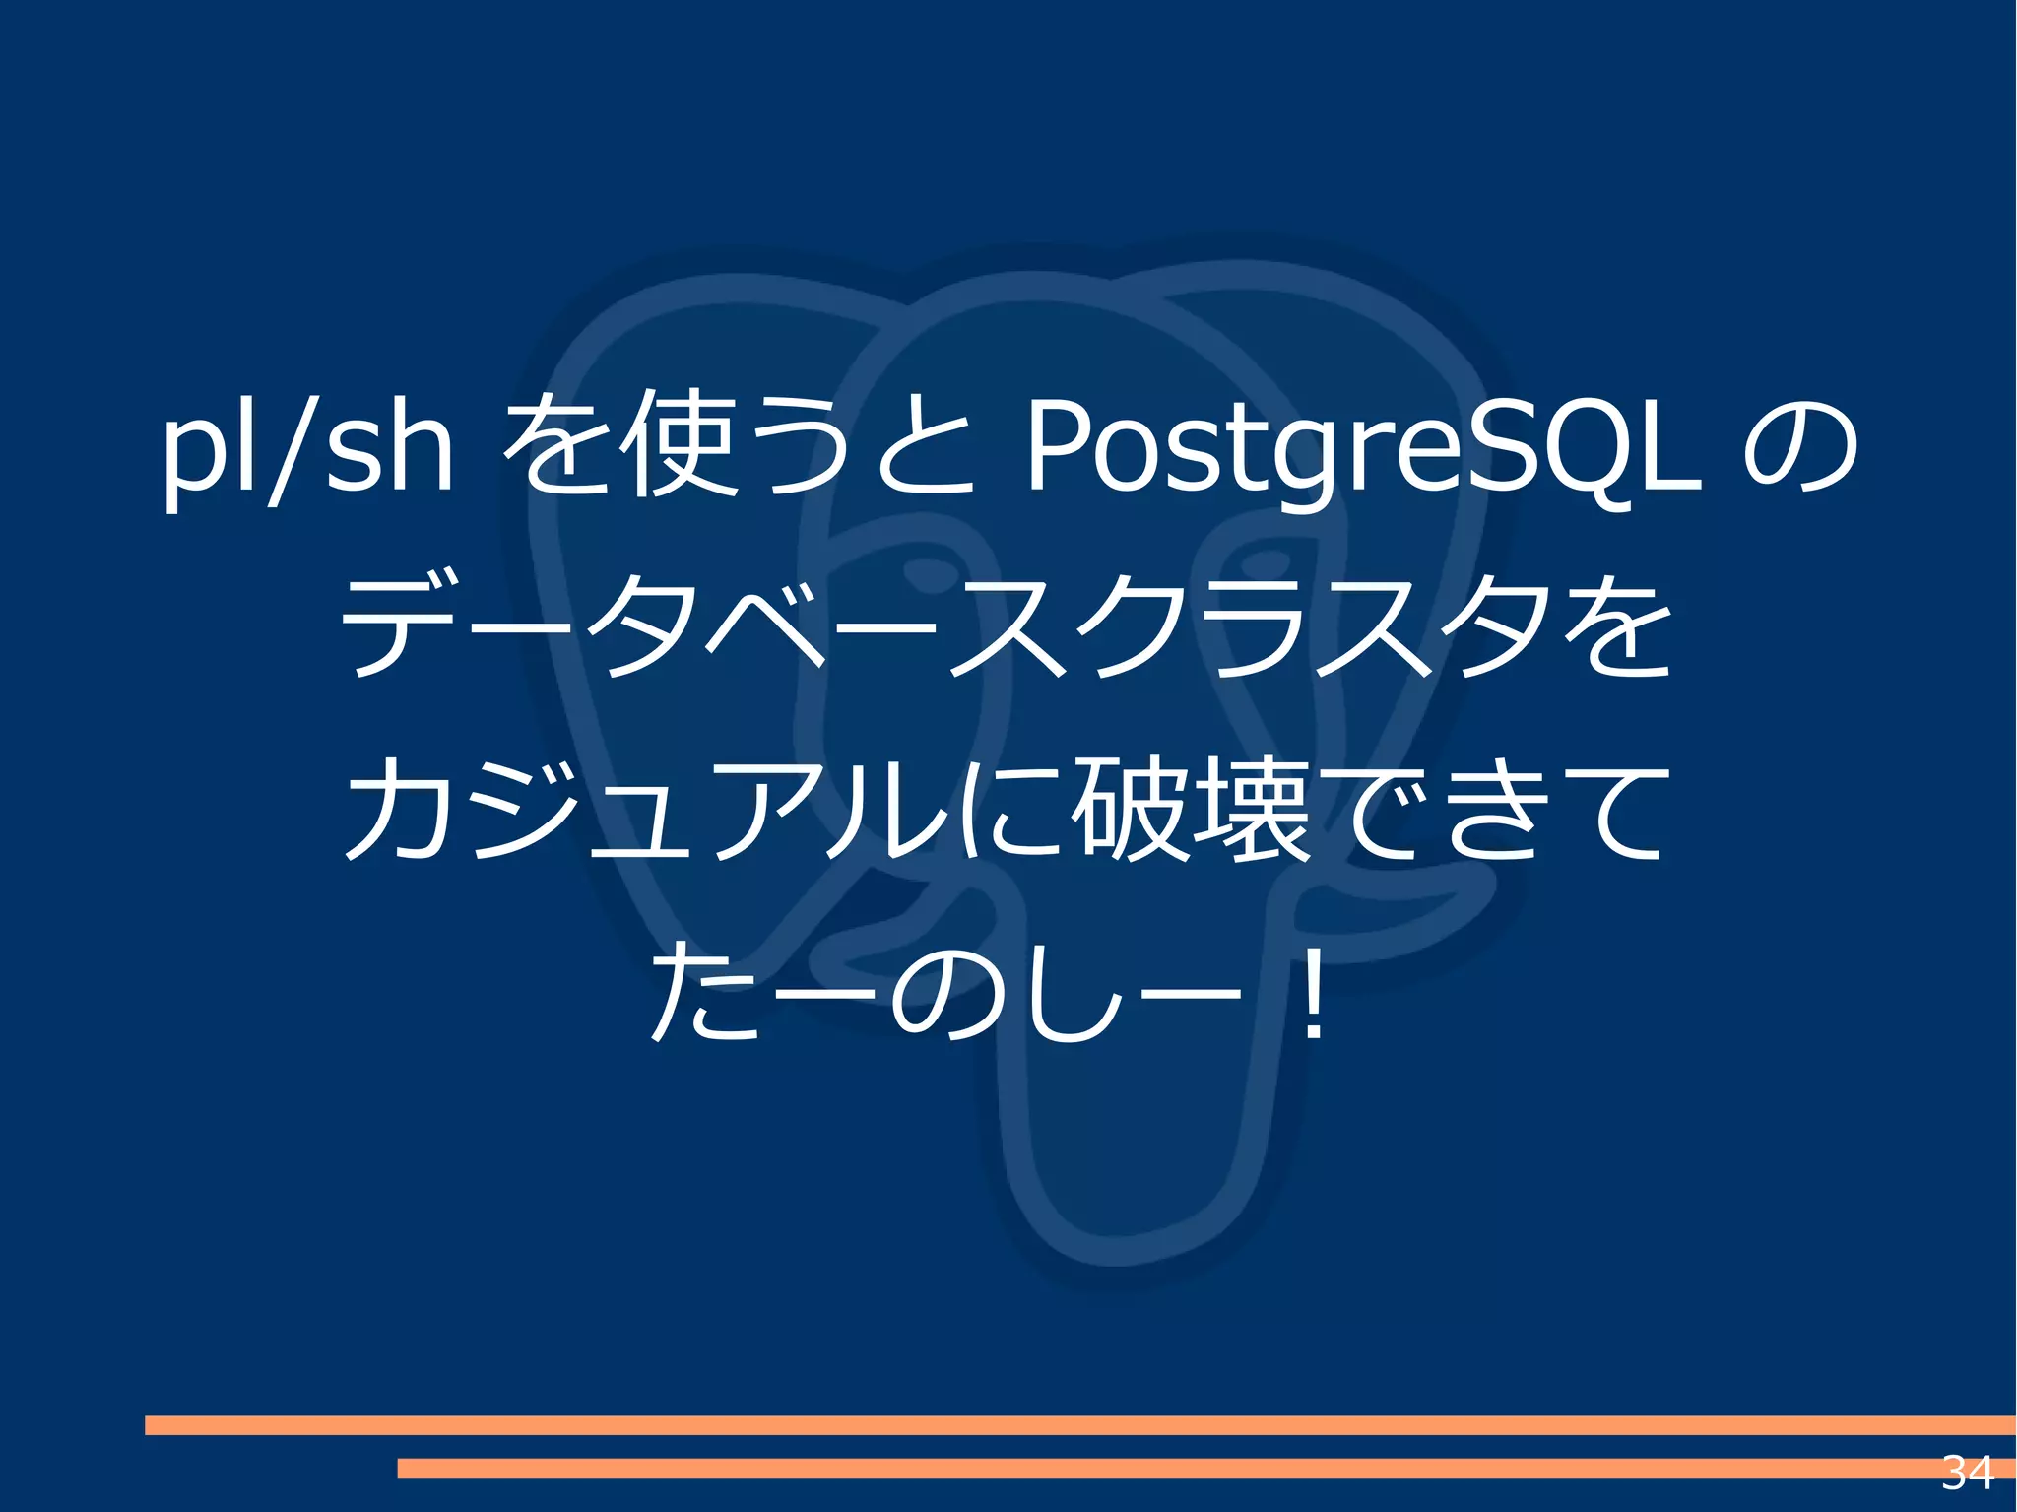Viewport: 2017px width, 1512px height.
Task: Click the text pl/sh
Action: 307,448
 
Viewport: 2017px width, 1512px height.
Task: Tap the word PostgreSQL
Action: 1364,448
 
